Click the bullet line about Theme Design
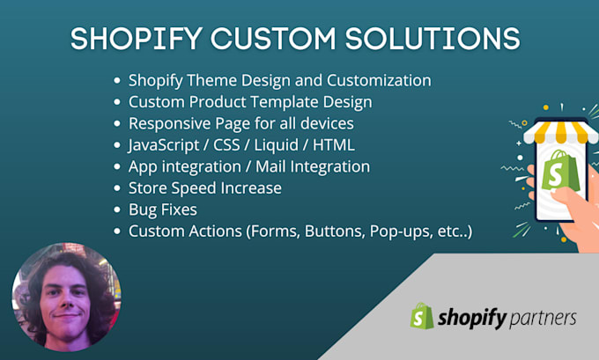click(279, 81)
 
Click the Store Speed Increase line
click(204, 187)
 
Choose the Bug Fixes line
click(164, 209)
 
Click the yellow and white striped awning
click(556, 132)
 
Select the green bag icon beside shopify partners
click(422, 316)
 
